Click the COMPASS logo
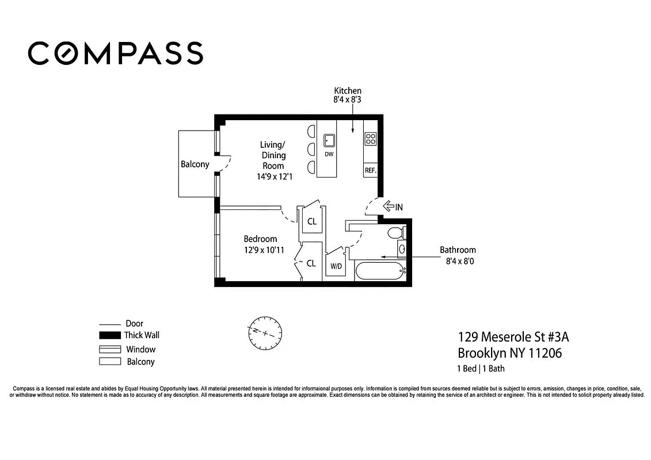pyautogui.click(x=115, y=53)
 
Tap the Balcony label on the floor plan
pyautogui.click(x=195, y=164)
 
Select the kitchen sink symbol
pyautogui.click(x=329, y=140)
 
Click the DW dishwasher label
pyautogui.click(x=329, y=154)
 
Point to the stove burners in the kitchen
pyautogui.click(x=370, y=139)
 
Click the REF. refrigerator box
pyautogui.click(x=370, y=170)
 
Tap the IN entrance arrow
pyautogui.click(x=393, y=206)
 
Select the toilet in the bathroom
pyautogui.click(x=394, y=233)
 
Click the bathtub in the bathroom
pyautogui.click(x=380, y=271)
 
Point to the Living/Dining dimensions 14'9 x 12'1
pyautogui.click(x=275, y=177)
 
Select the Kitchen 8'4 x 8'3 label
pyautogui.click(x=348, y=95)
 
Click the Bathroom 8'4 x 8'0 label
pyautogui.click(x=458, y=255)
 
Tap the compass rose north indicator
pyautogui.click(x=265, y=332)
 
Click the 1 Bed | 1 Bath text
pyautogui.click(x=481, y=369)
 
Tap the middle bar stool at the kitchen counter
pyautogui.click(x=311, y=149)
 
